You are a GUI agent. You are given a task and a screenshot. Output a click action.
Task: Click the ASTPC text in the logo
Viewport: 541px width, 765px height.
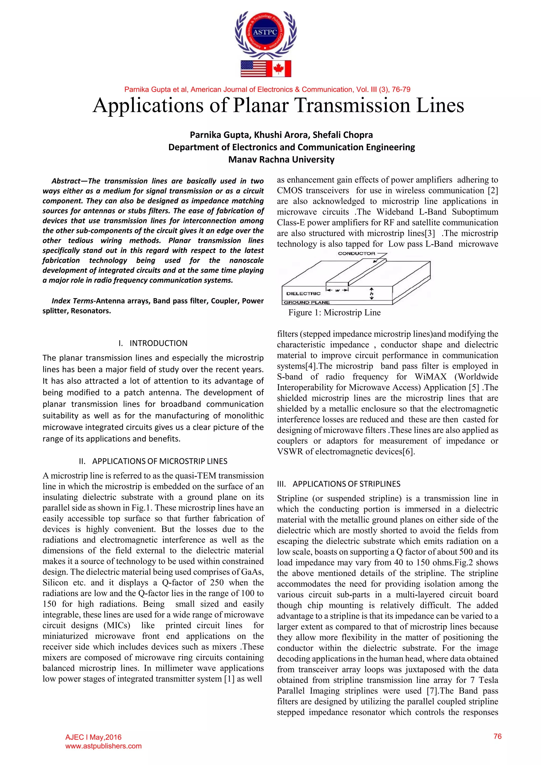[265, 32]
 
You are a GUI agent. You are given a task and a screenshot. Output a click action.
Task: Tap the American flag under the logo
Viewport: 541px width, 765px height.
[254, 69]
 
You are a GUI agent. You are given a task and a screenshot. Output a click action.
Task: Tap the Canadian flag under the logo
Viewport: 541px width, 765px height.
[278, 69]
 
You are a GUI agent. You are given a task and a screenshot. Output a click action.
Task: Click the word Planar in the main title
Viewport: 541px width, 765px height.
[260, 106]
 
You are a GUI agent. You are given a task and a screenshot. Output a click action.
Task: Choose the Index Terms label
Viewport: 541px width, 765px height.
[73, 301]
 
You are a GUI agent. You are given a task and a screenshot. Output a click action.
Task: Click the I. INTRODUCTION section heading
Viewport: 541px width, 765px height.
[153, 343]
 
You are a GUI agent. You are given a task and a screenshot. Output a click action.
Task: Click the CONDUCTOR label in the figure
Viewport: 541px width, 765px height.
[356, 254]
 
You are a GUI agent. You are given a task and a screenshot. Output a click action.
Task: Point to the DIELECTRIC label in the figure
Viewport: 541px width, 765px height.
[303, 293]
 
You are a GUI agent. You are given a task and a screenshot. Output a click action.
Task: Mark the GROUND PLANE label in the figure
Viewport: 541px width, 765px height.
[306, 302]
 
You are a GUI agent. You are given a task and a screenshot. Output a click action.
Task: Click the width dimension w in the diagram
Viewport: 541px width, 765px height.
[337, 290]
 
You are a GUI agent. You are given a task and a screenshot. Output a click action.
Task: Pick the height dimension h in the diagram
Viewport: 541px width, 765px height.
[371, 293]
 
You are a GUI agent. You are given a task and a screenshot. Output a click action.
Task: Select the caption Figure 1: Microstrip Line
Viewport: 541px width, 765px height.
[334, 312]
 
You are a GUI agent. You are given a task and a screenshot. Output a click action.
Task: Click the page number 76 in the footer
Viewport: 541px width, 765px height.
[497, 736]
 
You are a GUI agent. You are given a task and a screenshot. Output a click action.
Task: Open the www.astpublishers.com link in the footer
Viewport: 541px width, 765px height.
[103, 746]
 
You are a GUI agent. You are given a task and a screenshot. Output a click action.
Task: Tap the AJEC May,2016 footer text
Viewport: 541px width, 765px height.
[93, 737]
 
